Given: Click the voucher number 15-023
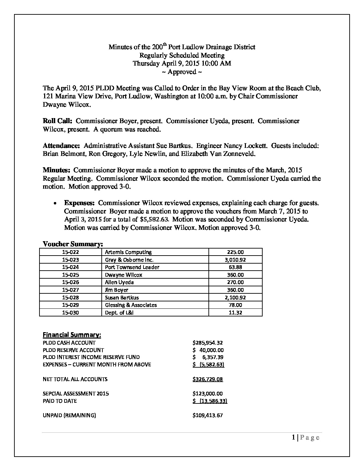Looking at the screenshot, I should (x=70, y=260).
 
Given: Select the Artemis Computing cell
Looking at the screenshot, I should (x=128, y=252).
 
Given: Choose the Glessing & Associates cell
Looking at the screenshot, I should (x=131, y=305).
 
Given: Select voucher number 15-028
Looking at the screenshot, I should (x=70, y=298).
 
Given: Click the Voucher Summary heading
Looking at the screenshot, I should (x=73, y=244).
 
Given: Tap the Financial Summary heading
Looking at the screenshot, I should (x=72, y=335).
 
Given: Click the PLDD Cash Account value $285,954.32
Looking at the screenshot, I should (x=208, y=343).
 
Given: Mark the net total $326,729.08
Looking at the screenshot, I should (x=208, y=379).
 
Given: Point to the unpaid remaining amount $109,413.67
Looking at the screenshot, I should (x=208, y=415).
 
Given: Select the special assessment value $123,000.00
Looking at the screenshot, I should (x=208, y=394).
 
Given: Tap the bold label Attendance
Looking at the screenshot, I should (x=61, y=146).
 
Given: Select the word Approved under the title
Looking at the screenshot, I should (x=182, y=72).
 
